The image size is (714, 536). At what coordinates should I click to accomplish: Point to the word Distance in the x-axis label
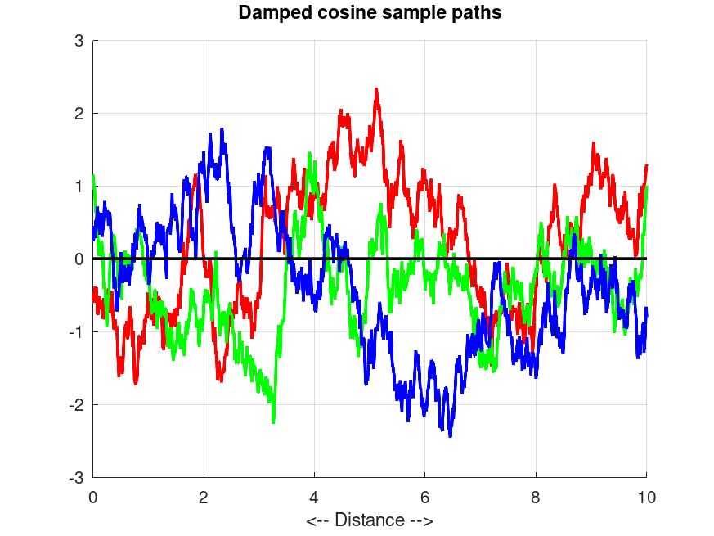[369, 520]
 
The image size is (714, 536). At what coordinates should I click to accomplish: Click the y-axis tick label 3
[79, 40]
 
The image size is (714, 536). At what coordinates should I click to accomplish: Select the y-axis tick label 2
[79, 113]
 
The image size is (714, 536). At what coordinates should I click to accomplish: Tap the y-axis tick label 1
[79, 186]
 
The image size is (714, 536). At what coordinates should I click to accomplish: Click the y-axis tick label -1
[77, 331]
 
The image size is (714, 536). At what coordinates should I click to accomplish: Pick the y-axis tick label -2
[77, 404]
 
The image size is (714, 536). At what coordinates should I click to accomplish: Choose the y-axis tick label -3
[77, 477]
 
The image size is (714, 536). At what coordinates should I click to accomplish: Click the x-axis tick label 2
[204, 496]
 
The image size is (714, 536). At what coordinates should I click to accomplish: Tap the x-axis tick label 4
[314, 496]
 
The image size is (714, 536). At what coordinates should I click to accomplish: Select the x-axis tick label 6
[425, 496]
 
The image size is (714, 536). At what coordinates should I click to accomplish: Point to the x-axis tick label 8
[536, 496]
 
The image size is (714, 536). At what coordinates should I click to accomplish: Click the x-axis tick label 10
[646, 496]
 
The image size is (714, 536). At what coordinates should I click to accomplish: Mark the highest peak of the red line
[376, 89]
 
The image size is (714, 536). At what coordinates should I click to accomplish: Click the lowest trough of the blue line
[450, 435]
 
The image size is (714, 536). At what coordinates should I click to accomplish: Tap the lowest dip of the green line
[273, 421]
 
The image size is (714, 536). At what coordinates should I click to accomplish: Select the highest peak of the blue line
[221, 129]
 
